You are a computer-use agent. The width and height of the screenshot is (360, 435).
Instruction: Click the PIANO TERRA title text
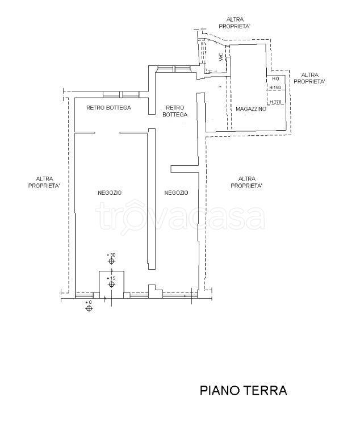pyautogui.click(x=243, y=391)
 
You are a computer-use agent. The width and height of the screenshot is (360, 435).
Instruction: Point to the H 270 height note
pyautogui.click(x=275, y=102)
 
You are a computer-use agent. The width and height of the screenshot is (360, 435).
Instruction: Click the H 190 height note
pyautogui.click(x=275, y=87)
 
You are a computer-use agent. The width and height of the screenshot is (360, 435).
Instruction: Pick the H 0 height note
pyautogui.click(x=274, y=78)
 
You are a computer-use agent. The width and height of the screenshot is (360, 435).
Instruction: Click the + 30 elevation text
pyautogui.click(x=111, y=256)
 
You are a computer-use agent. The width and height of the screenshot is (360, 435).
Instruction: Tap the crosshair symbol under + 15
pyautogui.click(x=111, y=286)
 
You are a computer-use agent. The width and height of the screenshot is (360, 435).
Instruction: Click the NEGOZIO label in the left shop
pyautogui.click(x=110, y=193)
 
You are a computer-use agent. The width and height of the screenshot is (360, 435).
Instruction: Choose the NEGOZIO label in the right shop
pyautogui.click(x=176, y=193)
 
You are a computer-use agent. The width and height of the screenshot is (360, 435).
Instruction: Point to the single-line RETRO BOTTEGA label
pyautogui.click(x=108, y=107)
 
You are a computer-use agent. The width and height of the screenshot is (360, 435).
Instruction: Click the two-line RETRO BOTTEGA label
pyautogui.click(x=175, y=111)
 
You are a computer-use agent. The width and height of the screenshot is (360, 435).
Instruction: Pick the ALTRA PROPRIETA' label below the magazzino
pyautogui.click(x=246, y=182)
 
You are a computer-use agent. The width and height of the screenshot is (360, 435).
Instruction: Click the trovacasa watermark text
pyautogui.click(x=180, y=217)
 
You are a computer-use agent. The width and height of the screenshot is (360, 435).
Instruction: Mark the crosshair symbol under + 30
pyautogui.click(x=111, y=262)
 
